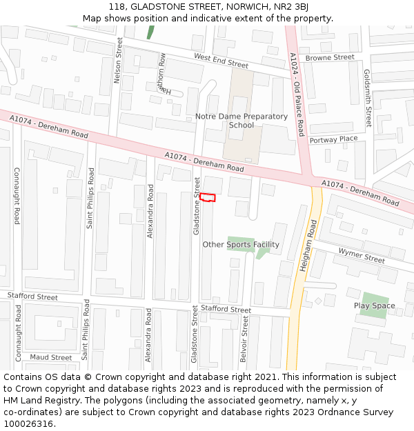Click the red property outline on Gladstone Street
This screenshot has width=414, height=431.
pyautogui.click(x=208, y=198)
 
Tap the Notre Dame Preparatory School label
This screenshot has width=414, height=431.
pyautogui.click(x=241, y=121)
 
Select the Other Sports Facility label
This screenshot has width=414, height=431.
pyautogui.click(x=241, y=245)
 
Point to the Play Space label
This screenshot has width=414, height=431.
pyautogui.click(x=375, y=305)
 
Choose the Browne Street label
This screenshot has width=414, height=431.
pyautogui.click(x=330, y=58)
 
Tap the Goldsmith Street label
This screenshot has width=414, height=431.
pyautogui.click(x=368, y=98)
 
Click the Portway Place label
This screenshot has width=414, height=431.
pyautogui.click(x=333, y=139)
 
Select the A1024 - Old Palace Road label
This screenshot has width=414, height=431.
pyautogui.click(x=297, y=94)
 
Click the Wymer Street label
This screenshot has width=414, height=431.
pyautogui.click(x=362, y=256)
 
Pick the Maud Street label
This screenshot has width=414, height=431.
pyautogui.click(x=50, y=357)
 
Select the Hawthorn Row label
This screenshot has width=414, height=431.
pyautogui.click(x=163, y=73)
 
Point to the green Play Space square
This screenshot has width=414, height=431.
pyautogui.click(x=373, y=305)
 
